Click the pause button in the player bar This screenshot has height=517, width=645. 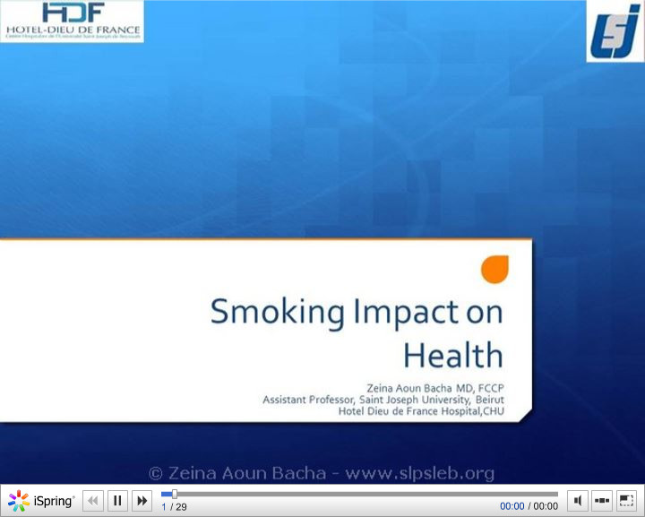point(117,501)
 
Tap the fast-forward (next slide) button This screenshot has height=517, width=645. point(142,501)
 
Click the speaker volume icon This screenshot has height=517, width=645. point(578,501)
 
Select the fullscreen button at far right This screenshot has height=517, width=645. point(626,501)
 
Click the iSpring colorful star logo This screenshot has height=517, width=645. point(18,501)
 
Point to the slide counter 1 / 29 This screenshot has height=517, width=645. point(174,507)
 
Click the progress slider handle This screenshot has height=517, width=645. point(174,494)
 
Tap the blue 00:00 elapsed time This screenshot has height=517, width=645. point(512,506)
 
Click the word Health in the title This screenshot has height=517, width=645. point(452,355)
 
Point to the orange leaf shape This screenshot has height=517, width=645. point(494,268)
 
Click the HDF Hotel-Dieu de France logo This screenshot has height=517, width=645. point(73,21)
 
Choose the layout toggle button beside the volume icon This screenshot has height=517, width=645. point(602,501)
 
